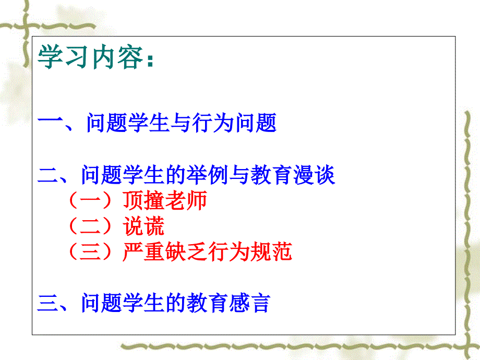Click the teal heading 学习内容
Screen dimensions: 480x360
point(90,57)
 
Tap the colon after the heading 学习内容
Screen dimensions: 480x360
point(150,59)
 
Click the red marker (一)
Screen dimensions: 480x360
point(90,200)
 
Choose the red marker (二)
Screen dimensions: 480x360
point(90,226)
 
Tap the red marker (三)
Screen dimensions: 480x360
point(90,251)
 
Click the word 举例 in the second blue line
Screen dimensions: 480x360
point(207,175)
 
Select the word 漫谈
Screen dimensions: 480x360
point(314,175)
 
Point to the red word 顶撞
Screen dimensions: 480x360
point(143,200)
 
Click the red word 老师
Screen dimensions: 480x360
point(186,200)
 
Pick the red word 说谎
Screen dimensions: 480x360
point(143,226)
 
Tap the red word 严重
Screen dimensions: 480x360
point(143,251)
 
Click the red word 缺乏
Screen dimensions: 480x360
point(186,251)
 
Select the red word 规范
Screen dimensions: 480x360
point(271,251)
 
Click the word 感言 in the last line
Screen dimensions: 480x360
point(250,303)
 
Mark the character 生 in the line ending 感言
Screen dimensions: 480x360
point(154,303)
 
